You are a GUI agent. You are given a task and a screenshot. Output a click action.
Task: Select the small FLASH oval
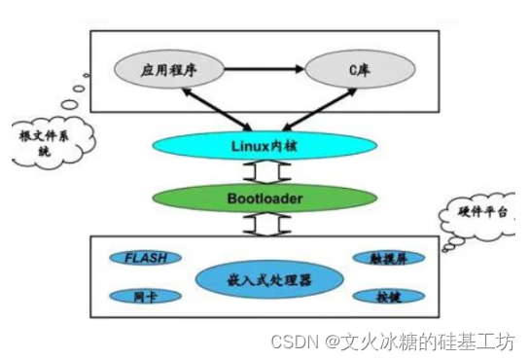[146, 258]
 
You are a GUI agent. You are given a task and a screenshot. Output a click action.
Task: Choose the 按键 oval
[379, 296]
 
